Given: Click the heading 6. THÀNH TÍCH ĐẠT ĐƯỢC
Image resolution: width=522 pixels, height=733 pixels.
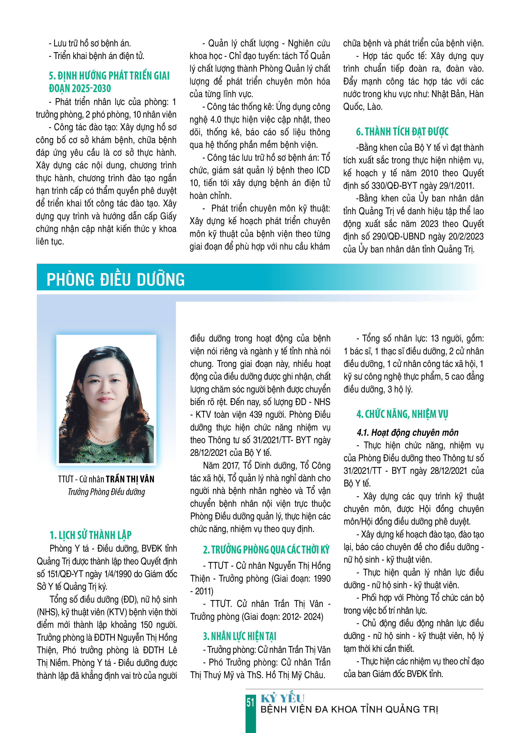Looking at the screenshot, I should pos(402,132).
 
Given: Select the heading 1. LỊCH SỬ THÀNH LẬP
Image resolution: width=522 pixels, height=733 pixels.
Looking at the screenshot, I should pos(91,535).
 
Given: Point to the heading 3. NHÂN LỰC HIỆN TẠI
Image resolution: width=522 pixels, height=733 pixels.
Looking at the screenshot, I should pos(239,636).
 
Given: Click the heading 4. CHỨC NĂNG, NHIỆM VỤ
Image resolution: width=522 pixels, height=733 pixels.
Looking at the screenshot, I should pos(402,414).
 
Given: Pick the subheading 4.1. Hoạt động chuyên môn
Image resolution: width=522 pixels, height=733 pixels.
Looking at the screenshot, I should pos(407,432).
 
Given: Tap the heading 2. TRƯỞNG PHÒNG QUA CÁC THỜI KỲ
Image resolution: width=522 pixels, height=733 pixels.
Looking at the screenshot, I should pos(266,550).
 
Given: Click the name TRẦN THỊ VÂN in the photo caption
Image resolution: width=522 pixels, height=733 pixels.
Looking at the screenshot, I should pos(130,479).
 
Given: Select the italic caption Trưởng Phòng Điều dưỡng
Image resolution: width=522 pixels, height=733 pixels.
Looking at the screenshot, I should pos(106,492).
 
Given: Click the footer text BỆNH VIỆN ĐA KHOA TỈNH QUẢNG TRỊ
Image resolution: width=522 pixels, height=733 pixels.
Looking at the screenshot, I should pos(349,709).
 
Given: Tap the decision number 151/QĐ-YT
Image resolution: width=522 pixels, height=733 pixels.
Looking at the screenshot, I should pos(65,574).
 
